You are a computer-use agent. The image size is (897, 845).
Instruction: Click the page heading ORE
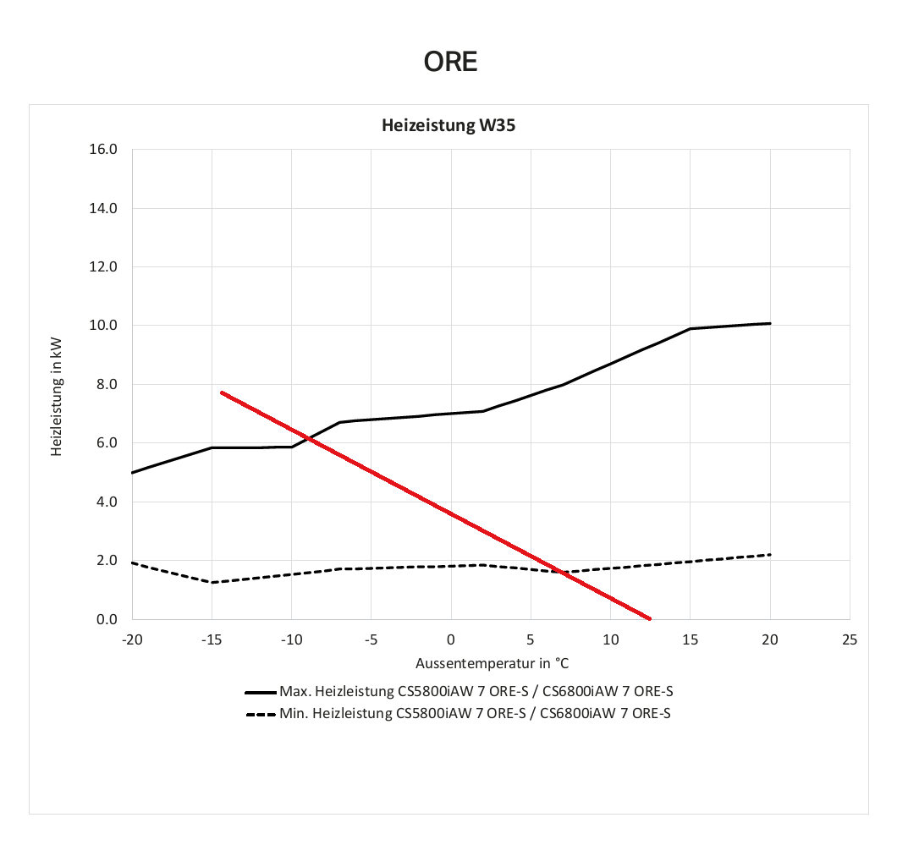tap(450, 62)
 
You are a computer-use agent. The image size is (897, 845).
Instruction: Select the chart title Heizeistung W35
tap(448, 127)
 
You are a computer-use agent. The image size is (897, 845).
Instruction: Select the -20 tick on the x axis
tap(131, 639)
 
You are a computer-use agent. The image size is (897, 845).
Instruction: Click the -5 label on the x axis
tap(371, 639)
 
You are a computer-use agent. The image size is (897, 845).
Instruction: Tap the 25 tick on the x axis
tap(850, 639)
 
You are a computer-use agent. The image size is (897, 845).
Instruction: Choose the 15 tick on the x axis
tap(691, 639)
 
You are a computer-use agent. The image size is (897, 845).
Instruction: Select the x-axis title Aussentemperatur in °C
tap(491, 661)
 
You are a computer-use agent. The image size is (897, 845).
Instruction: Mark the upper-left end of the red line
tap(221, 392)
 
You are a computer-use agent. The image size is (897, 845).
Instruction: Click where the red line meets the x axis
tap(650, 619)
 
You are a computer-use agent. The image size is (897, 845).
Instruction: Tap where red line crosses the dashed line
tap(562, 572)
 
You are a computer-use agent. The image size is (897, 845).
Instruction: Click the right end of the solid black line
tap(770, 323)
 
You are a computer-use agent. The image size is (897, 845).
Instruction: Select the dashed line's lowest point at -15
tap(212, 582)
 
